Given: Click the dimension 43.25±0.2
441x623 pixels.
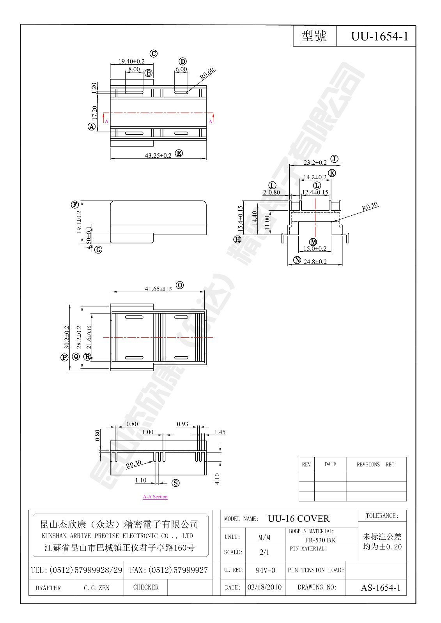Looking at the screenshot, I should [158, 155].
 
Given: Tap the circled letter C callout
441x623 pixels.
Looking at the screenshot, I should [154, 54].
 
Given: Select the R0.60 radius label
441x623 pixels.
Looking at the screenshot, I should [207, 74].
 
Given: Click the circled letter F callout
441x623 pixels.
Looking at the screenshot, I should [74, 205].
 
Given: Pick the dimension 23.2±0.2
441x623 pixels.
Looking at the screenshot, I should [315, 162].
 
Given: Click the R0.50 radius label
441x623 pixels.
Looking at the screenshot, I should [370, 207].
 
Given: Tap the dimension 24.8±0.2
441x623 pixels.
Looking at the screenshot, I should [315, 262].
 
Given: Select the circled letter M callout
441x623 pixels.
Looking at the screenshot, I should [313, 242].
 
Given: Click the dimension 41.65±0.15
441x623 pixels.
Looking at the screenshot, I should [158, 289].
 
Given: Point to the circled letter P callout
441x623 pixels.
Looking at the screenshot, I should [64, 357].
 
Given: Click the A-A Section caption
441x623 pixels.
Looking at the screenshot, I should [155, 497].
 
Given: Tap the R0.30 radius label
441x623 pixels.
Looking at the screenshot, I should [133, 464].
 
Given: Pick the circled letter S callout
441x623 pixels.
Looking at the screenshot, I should [176, 483].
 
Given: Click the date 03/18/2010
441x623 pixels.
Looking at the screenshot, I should [265, 587].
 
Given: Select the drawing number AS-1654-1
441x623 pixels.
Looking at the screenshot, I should [380, 588].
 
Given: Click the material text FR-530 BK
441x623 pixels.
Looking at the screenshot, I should [320, 540].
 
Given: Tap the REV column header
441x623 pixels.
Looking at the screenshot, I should [306, 465].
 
